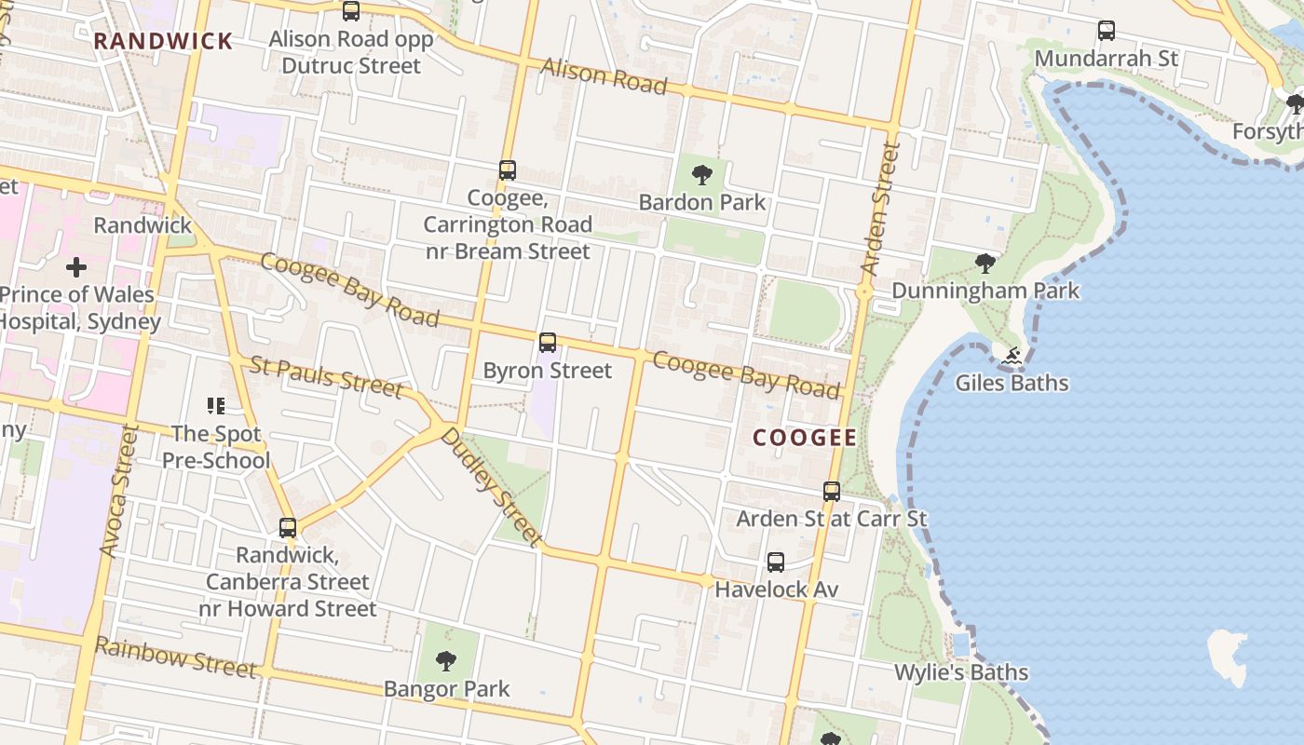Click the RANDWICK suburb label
[163, 41]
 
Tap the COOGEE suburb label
[805, 437]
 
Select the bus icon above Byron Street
[548, 342]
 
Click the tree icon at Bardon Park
[702, 174]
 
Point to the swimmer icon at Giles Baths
[1012, 355]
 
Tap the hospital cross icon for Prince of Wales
[76, 268]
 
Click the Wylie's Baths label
[961, 672]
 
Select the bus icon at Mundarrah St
[1107, 31]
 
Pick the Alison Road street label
[604, 76]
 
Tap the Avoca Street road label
[119, 493]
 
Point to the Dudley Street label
[491, 486]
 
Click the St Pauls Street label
[326, 376]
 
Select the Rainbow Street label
[175, 657]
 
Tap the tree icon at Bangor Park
[446, 661]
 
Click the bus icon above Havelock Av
[776, 562]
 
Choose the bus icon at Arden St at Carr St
[832, 491]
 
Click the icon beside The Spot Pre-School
[216, 405]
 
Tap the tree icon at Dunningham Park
[985, 264]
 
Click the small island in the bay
[1229, 654]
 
